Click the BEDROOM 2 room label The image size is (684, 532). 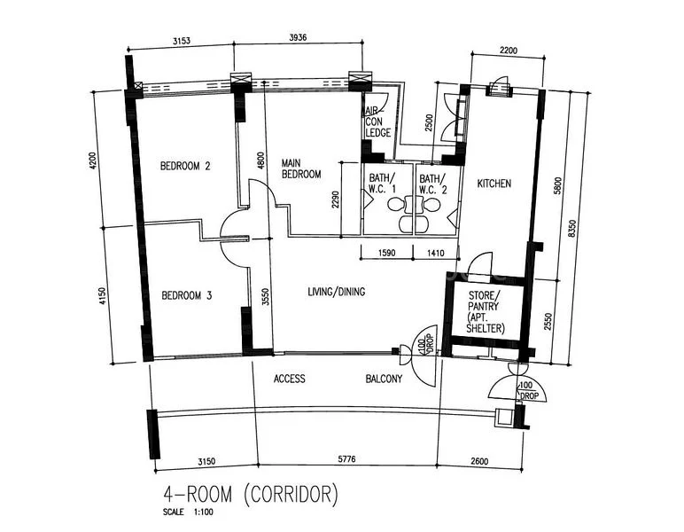[x=184, y=166]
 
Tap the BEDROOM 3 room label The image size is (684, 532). [x=185, y=296]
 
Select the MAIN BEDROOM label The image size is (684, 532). [x=300, y=168]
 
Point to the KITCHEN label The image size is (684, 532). [x=494, y=184]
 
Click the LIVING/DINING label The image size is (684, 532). [x=336, y=292]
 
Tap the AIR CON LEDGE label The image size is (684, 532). [x=378, y=121]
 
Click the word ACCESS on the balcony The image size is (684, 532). [x=289, y=379]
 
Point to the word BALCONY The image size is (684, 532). [x=384, y=379]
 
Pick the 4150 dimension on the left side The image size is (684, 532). [x=104, y=293]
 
